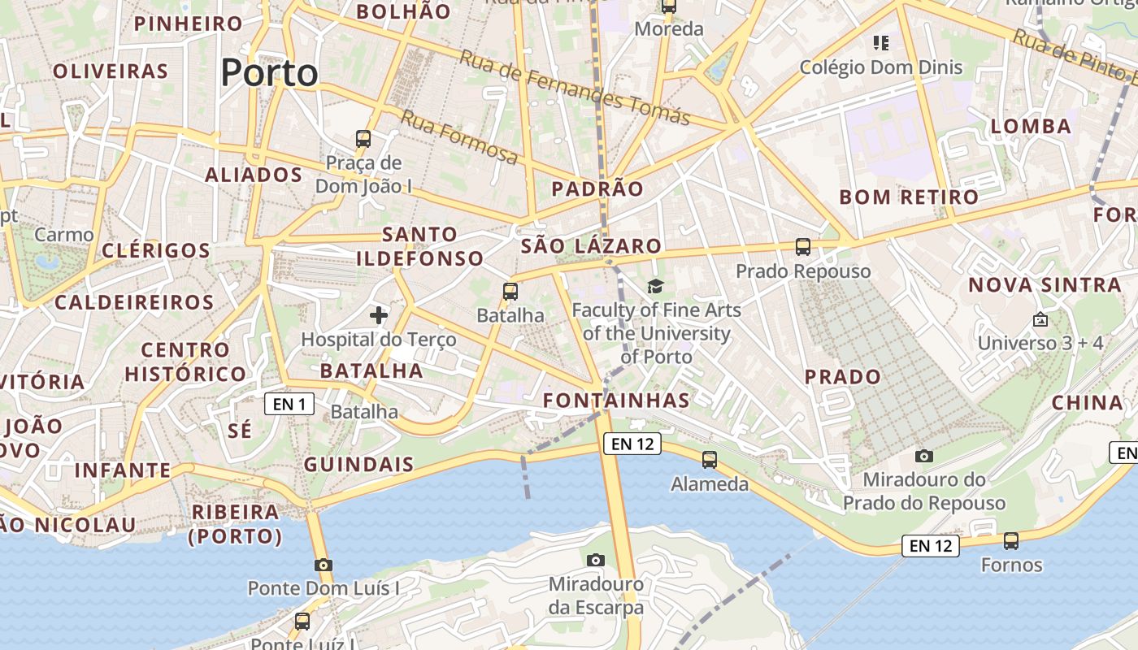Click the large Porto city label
click(269, 73)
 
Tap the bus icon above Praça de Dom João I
click(363, 139)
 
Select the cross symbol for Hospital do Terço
click(379, 314)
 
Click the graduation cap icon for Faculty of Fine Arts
click(656, 286)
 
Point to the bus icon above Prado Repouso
click(803, 246)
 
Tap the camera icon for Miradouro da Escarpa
click(596, 560)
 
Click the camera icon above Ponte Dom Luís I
click(324, 565)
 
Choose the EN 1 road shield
click(289, 404)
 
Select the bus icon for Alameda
click(710, 460)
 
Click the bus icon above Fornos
click(1011, 540)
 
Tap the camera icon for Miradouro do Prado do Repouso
click(924, 456)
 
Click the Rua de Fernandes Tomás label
click(575, 88)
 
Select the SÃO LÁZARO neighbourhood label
click(591, 245)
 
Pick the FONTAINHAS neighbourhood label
click(616, 400)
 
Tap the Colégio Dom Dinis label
click(881, 67)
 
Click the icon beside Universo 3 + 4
click(1040, 319)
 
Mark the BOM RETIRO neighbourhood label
click(909, 197)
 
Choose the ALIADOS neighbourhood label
click(254, 175)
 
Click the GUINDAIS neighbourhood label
click(358, 466)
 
